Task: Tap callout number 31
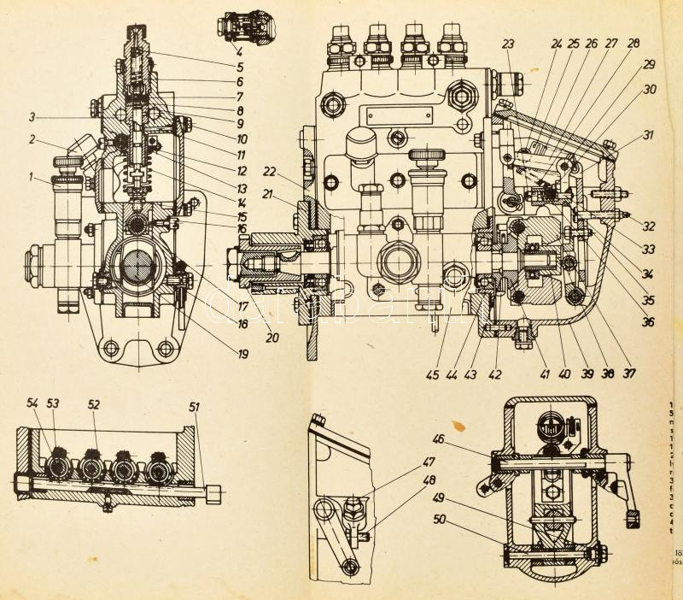pyautogui.click(x=650, y=135)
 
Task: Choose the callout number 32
pyautogui.click(x=650, y=227)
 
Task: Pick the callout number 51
pyautogui.click(x=195, y=407)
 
